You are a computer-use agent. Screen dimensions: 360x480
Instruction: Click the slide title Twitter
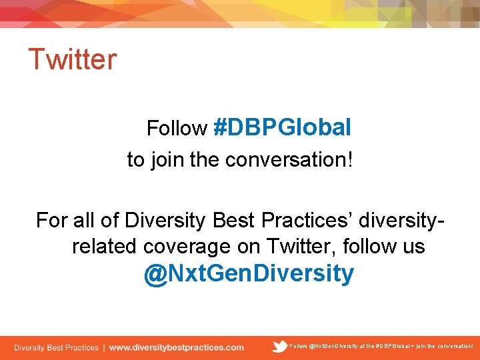click(x=72, y=59)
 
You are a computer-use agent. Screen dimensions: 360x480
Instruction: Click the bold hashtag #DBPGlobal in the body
click(x=282, y=127)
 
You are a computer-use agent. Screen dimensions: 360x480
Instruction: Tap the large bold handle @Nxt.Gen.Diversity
click(x=249, y=273)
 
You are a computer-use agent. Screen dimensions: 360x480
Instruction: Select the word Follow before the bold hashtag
click(x=177, y=128)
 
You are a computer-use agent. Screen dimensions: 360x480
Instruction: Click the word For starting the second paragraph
click(x=51, y=220)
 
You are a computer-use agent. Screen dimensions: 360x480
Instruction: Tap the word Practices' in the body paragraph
click(x=295, y=220)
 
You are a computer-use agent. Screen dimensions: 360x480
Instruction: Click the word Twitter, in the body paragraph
click(x=301, y=247)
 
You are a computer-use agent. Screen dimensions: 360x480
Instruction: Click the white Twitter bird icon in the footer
click(x=281, y=346)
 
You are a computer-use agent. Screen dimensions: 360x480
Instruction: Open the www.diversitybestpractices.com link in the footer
click(x=176, y=347)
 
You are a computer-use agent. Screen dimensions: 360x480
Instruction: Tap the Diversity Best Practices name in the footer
click(x=56, y=347)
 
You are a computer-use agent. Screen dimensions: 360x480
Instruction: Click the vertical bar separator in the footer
click(x=103, y=347)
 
